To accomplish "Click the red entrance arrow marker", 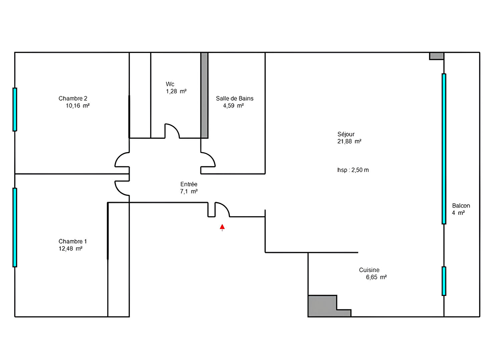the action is click(222, 227).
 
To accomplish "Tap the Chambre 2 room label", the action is click(73, 98).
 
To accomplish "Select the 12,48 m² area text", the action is click(70, 248).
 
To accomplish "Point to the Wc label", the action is click(170, 84).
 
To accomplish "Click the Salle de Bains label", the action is click(234, 98).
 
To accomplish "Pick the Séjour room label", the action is click(346, 134).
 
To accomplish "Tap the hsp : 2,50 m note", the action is click(353, 170).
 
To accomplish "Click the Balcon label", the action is click(461, 206).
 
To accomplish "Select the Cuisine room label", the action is click(369, 270).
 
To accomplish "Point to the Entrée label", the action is click(189, 184).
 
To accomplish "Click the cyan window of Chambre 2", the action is click(15, 110).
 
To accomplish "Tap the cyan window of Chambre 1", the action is click(15, 227).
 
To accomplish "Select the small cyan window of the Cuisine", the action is click(444, 281).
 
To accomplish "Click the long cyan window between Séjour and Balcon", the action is click(444, 149).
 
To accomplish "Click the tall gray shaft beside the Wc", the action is click(204, 95).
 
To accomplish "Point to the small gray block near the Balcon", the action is click(436, 56).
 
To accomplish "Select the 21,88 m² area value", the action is click(349, 141).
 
